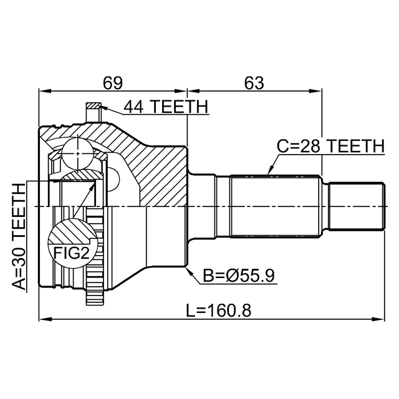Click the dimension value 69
[x=112, y=83]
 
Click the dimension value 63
[x=254, y=83]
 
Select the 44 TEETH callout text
[x=166, y=107]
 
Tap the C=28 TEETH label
[x=330, y=147]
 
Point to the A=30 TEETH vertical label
[x=19, y=237]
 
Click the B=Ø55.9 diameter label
[x=239, y=276]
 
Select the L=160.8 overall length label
[x=219, y=310]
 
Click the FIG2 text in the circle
[x=72, y=253]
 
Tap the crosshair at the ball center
[x=77, y=153]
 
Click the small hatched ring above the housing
[x=94, y=105]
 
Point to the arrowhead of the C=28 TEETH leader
[x=271, y=170]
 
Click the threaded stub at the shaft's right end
[x=356, y=206]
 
